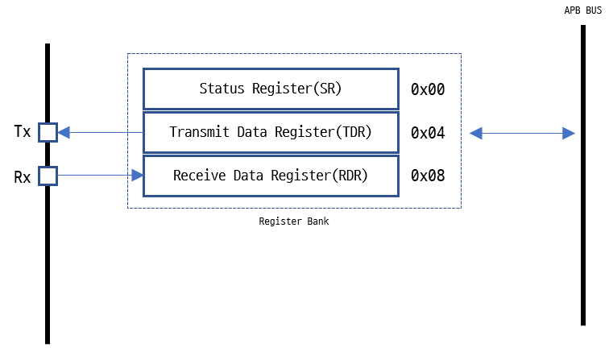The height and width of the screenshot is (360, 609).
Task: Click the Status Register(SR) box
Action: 271,89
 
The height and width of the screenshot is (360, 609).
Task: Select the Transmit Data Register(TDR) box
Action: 271,132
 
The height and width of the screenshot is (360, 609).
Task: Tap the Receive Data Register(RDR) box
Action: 271,176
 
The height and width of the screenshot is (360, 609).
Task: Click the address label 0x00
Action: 428,89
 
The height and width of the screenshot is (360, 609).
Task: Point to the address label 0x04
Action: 428,133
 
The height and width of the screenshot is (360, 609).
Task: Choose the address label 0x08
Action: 428,176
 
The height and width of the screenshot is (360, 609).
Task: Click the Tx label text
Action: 23,131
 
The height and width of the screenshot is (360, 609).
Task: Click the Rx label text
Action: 23,177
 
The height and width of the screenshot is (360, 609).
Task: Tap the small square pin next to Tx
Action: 48,132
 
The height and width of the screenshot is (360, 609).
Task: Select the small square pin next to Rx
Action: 48,175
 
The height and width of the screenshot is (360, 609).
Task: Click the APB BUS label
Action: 582,11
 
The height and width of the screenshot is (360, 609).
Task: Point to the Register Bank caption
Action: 293,221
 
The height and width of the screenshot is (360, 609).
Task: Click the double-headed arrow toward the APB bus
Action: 522,133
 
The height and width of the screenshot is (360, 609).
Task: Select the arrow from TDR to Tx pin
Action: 101,132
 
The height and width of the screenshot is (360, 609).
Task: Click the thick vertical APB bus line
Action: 582,242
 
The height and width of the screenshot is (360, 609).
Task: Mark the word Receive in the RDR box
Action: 199,176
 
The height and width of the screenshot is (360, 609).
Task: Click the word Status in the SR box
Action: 220,89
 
